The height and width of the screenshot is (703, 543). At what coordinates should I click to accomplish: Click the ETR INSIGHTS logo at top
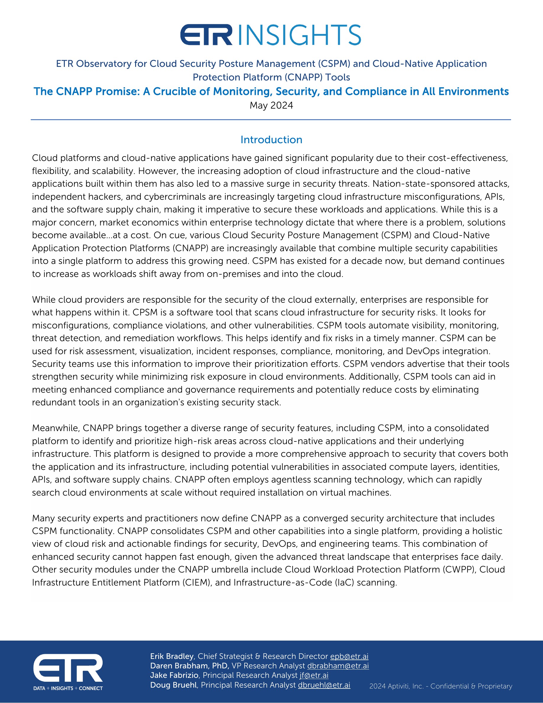[x=271, y=34]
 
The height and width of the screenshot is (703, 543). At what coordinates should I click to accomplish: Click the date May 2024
[x=271, y=106]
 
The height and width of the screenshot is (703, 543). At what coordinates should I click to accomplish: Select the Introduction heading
[x=271, y=140]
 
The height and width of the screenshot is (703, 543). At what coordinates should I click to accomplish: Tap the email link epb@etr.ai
[x=349, y=656]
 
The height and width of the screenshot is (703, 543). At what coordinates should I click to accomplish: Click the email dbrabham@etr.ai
[x=338, y=666]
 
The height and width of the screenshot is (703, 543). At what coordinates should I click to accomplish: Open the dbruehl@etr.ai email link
[x=324, y=685]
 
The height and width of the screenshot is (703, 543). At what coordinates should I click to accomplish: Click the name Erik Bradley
[x=172, y=656]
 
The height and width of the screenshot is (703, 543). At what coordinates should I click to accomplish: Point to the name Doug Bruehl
[x=173, y=685]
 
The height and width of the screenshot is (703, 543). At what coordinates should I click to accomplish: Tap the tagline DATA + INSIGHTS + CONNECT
[x=68, y=688]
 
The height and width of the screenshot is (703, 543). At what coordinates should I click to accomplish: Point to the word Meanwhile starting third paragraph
[x=56, y=428]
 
